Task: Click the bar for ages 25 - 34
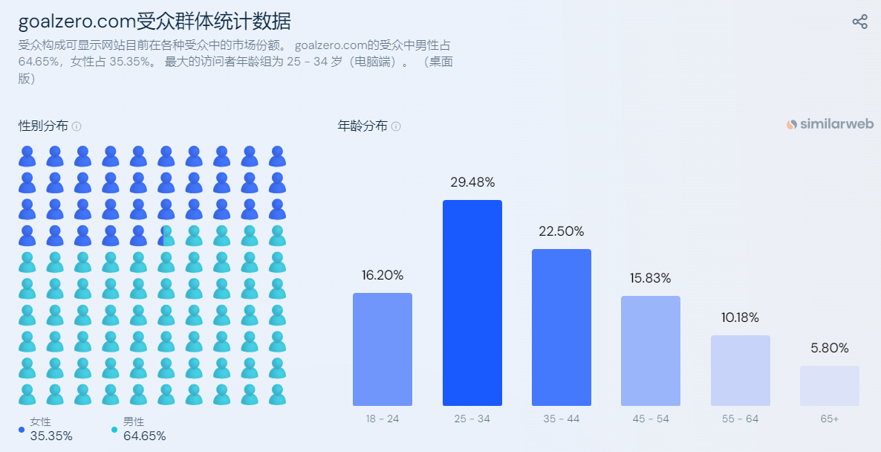[x=472, y=303]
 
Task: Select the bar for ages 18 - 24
[x=383, y=349]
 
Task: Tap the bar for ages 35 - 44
[x=561, y=327]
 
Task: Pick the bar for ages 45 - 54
[x=650, y=350]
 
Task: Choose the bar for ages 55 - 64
[x=740, y=370]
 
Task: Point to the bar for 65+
[x=829, y=385]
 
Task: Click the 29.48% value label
[x=472, y=182]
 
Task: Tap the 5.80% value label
[x=829, y=348]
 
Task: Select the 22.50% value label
[x=561, y=231]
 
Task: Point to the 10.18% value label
[x=740, y=317]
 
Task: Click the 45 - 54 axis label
[x=650, y=419]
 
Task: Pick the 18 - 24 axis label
[x=383, y=419]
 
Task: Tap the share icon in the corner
[x=859, y=22]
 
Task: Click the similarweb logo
[x=830, y=124]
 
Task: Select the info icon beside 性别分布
[x=77, y=126]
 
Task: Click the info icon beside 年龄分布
[x=396, y=126]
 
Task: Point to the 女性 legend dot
[x=22, y=429]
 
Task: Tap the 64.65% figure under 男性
[x=144, y=436]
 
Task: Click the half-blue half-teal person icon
[x=166, y=236]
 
